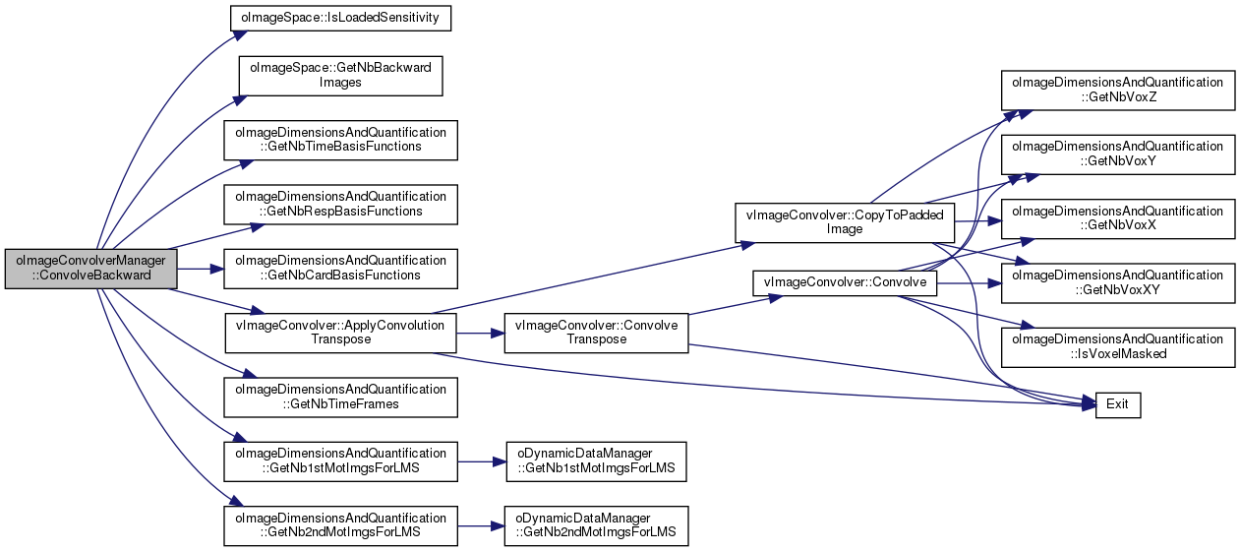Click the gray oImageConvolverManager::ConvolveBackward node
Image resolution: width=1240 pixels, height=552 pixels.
coord(90,269)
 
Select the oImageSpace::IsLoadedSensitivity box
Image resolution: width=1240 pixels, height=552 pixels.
coord(340,19)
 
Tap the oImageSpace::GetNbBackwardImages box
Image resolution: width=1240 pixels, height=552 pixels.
coord(340,76)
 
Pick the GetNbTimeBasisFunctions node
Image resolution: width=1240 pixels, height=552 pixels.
coord(340,140)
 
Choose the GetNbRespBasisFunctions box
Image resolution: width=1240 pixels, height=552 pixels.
coord(340,205)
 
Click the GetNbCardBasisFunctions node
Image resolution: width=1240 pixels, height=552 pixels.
coord(340,269)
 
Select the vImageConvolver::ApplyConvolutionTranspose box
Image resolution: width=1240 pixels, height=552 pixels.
coord(340,333)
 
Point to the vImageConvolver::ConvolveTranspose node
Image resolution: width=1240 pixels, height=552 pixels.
coord(596,333)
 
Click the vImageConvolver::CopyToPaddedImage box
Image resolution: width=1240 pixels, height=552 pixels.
coord(845,223)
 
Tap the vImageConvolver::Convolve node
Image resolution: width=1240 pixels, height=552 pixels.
coord(845,283)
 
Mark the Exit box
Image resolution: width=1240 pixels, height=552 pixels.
coord(1118,405)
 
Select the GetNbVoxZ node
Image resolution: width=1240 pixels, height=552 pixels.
coord(1118,91)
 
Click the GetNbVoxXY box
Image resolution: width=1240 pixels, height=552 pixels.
coord(1118,283)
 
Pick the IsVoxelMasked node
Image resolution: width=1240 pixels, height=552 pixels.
coord(1118,347)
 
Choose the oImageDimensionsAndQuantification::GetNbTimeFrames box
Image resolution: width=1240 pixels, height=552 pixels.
coord(340,397)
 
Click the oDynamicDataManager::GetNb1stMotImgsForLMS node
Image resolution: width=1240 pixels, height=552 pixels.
coord(596,461)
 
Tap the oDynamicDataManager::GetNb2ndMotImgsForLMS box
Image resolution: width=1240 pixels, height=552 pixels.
coord(596,525)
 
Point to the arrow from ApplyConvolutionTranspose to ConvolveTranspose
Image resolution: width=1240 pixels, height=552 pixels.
coord(481,334)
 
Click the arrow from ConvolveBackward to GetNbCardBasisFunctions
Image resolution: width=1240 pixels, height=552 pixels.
coord(201,269)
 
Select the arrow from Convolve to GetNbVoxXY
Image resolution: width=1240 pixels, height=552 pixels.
coord(969,283)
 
